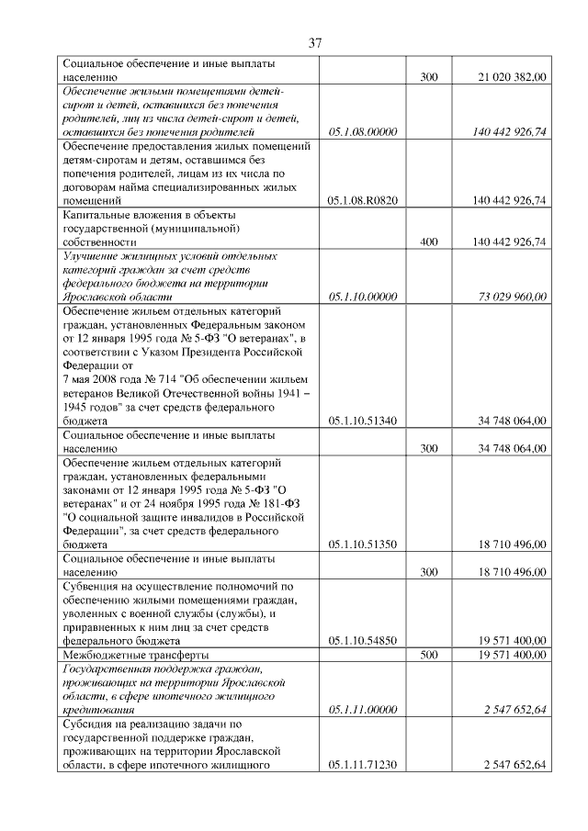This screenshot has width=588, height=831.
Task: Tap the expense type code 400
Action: pyautogui.click(x=428, y=241)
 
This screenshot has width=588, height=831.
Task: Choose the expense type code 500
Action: pyautogui.click(x=428, y=656)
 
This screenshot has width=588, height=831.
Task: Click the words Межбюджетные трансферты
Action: pyautogui.click(x=135, y=656)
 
